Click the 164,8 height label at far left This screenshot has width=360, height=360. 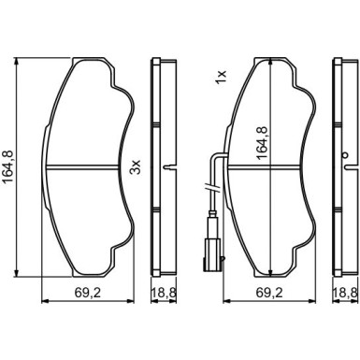point(7,166)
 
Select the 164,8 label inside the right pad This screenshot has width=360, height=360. point(264,143)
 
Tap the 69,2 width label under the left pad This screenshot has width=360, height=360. point(88,293)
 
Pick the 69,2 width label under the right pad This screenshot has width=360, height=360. point(269,293)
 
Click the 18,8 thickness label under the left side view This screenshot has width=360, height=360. point(164,293)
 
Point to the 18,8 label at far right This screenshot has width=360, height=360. point(345,293)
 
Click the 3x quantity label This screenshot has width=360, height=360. point(137,167)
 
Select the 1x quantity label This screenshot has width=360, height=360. point(221,77)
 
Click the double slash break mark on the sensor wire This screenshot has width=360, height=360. point(212,188)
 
